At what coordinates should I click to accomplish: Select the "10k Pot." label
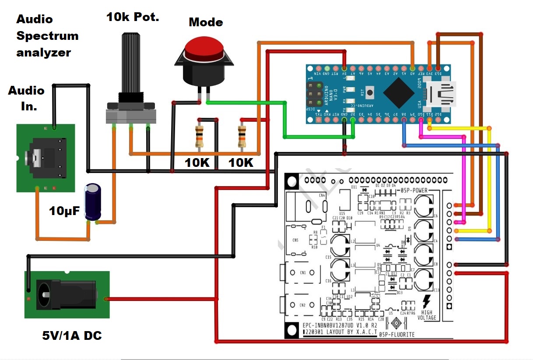coord(133,17)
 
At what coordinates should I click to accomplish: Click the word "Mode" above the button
coord(206,22)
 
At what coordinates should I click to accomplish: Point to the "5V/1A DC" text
coord(72,335)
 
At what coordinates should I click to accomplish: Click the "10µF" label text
coord(65,211)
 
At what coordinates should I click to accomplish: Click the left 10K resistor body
coord(200,135)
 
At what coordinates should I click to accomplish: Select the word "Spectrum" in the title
coord(47,36)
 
